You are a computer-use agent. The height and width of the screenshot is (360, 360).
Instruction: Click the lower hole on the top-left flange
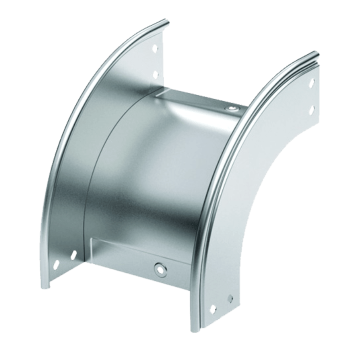(155, 74)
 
